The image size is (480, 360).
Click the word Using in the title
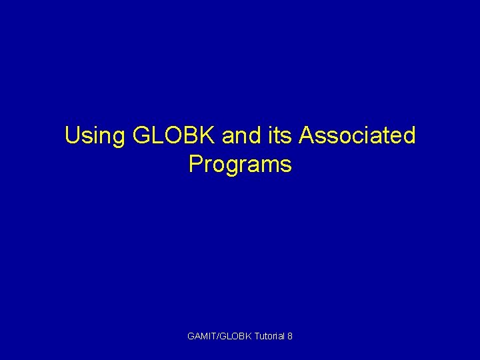[95, 136]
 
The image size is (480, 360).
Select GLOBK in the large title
[175, 136]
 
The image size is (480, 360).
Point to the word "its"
[279, 136]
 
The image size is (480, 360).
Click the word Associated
[357, 136]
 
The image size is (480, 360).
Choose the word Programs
[240, 165]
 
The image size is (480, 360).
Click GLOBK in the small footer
[234, 336]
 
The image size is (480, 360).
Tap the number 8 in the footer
[289, 336]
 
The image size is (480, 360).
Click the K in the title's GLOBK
[209, 136]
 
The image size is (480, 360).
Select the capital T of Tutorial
[256, 336]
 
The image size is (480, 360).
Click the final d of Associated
[409, 136]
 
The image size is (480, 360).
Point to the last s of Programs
[287, 165]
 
